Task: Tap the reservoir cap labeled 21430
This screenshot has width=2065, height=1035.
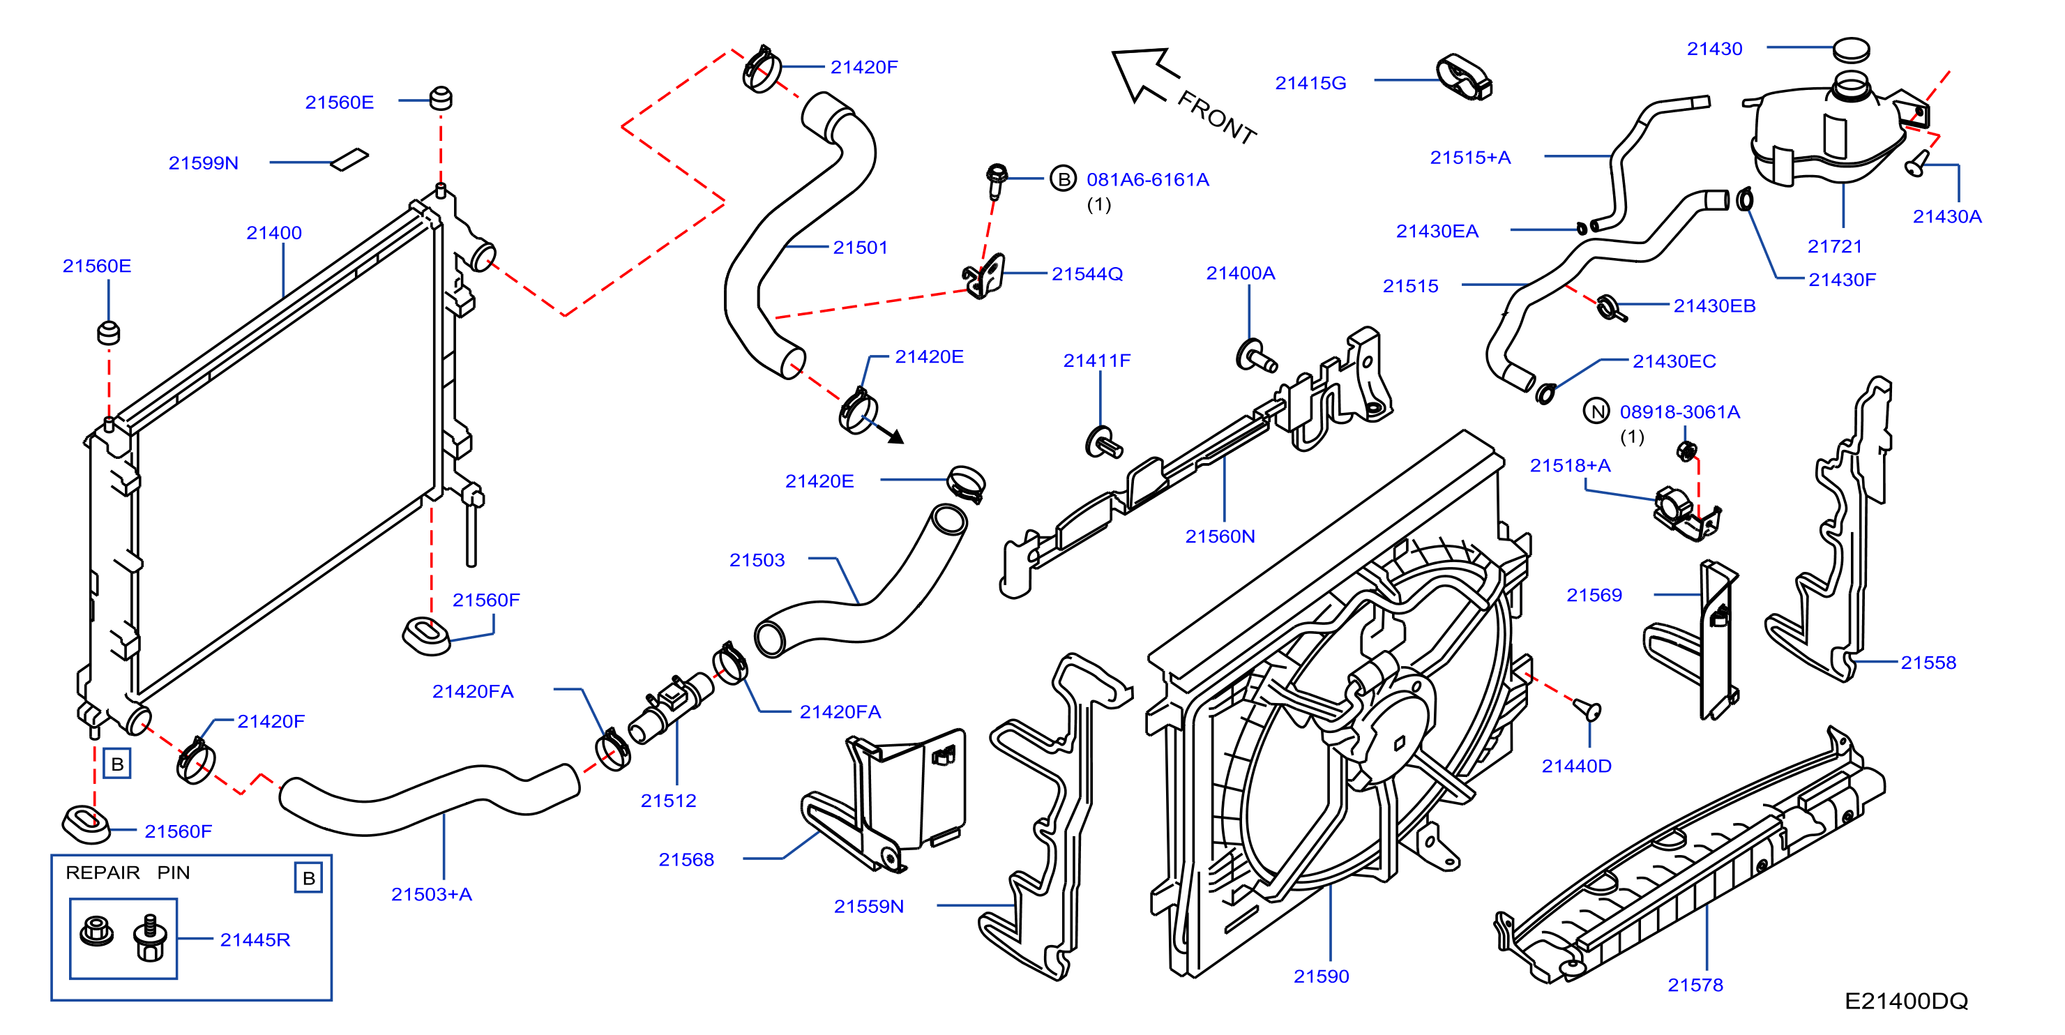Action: tap(1851, 50)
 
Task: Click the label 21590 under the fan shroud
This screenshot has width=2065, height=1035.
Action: tap(1321, 976)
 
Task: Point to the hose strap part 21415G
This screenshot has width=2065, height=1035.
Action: tap(1464, 78)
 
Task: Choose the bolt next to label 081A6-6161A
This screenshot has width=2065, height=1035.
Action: tap(997, 181)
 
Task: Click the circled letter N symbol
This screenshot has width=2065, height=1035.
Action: tap(1596, 411)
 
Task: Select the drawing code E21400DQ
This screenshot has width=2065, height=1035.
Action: tap(1905, 1001)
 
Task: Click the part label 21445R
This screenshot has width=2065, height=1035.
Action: tap(255, 939)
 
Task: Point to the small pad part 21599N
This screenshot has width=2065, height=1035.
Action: tap(350, 160)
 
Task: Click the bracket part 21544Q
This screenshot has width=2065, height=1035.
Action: tap(983, 275)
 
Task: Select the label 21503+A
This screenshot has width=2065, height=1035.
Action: tap(431, 894)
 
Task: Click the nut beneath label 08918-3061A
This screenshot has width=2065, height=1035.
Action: tap(1686, 451)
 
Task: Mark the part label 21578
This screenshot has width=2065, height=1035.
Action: tap(1695, 985)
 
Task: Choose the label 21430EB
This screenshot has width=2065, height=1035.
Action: tap(1714, 305)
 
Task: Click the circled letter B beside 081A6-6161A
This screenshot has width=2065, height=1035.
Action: tap(1063, 179)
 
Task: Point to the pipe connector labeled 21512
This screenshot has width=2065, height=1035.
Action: tap(670, 709)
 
